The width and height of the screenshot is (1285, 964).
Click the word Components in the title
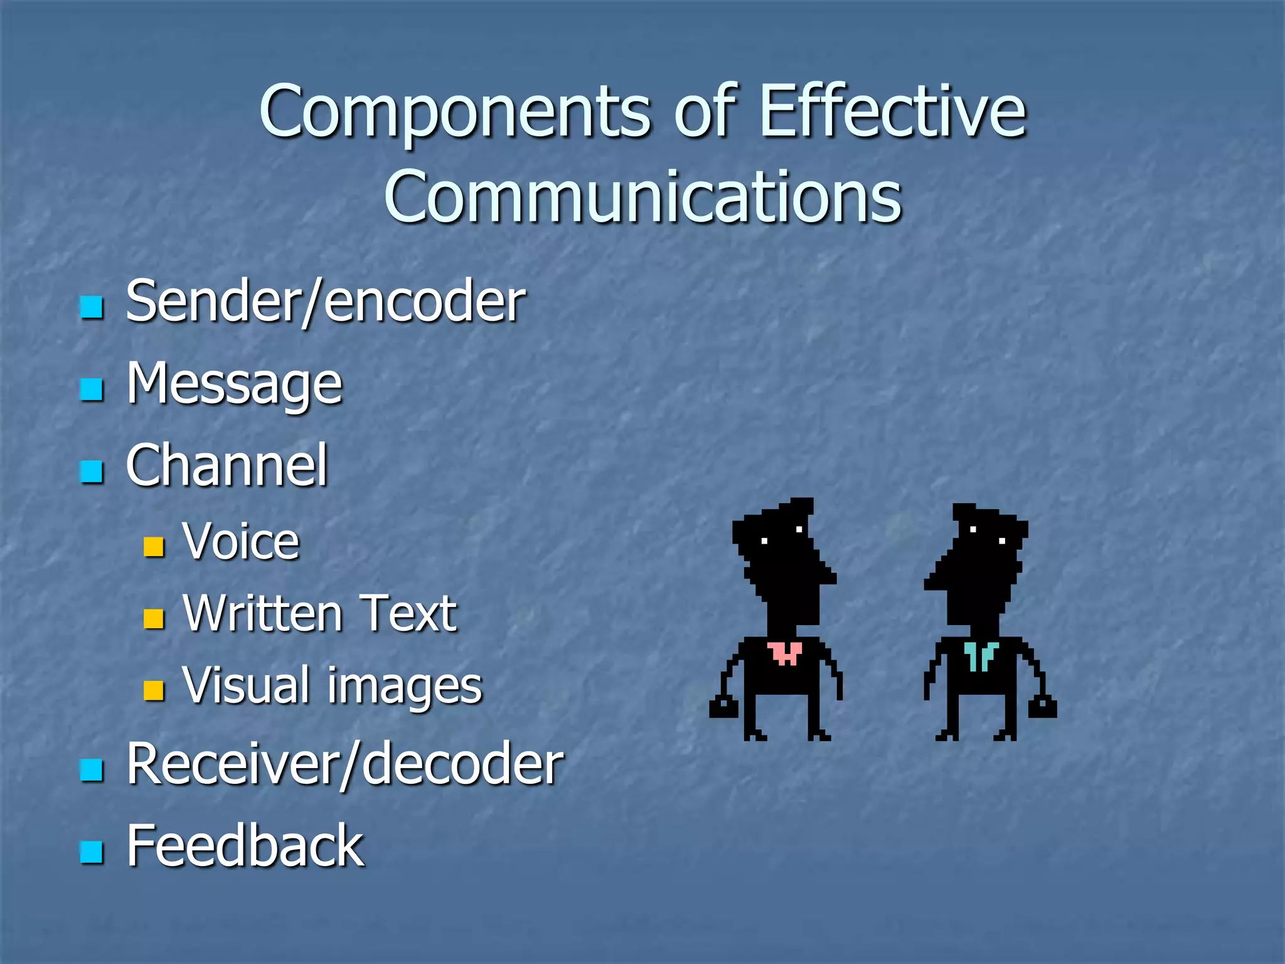point(456,113)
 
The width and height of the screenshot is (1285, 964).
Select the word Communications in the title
point(642,197)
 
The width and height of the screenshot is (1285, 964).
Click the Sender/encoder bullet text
point(325,302)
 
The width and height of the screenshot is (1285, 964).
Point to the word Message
point(234,384)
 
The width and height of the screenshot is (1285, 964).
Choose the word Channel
point(227,465)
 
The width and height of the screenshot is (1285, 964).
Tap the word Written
point(262,613)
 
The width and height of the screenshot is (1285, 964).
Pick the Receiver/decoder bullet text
point(344,764)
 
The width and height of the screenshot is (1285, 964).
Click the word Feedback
point(245,845)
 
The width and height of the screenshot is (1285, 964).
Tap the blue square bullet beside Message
point(92,389)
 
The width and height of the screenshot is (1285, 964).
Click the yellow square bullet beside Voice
point(154,547)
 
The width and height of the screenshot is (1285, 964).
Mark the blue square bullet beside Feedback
point(92,852)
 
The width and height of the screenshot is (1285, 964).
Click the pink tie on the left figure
point(785,653)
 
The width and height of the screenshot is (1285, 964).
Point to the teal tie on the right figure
point(980,655)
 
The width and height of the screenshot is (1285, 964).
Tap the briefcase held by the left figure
point(723,707)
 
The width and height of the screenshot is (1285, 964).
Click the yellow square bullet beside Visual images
point(154,690)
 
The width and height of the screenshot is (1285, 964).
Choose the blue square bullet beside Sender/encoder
point(92,308)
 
